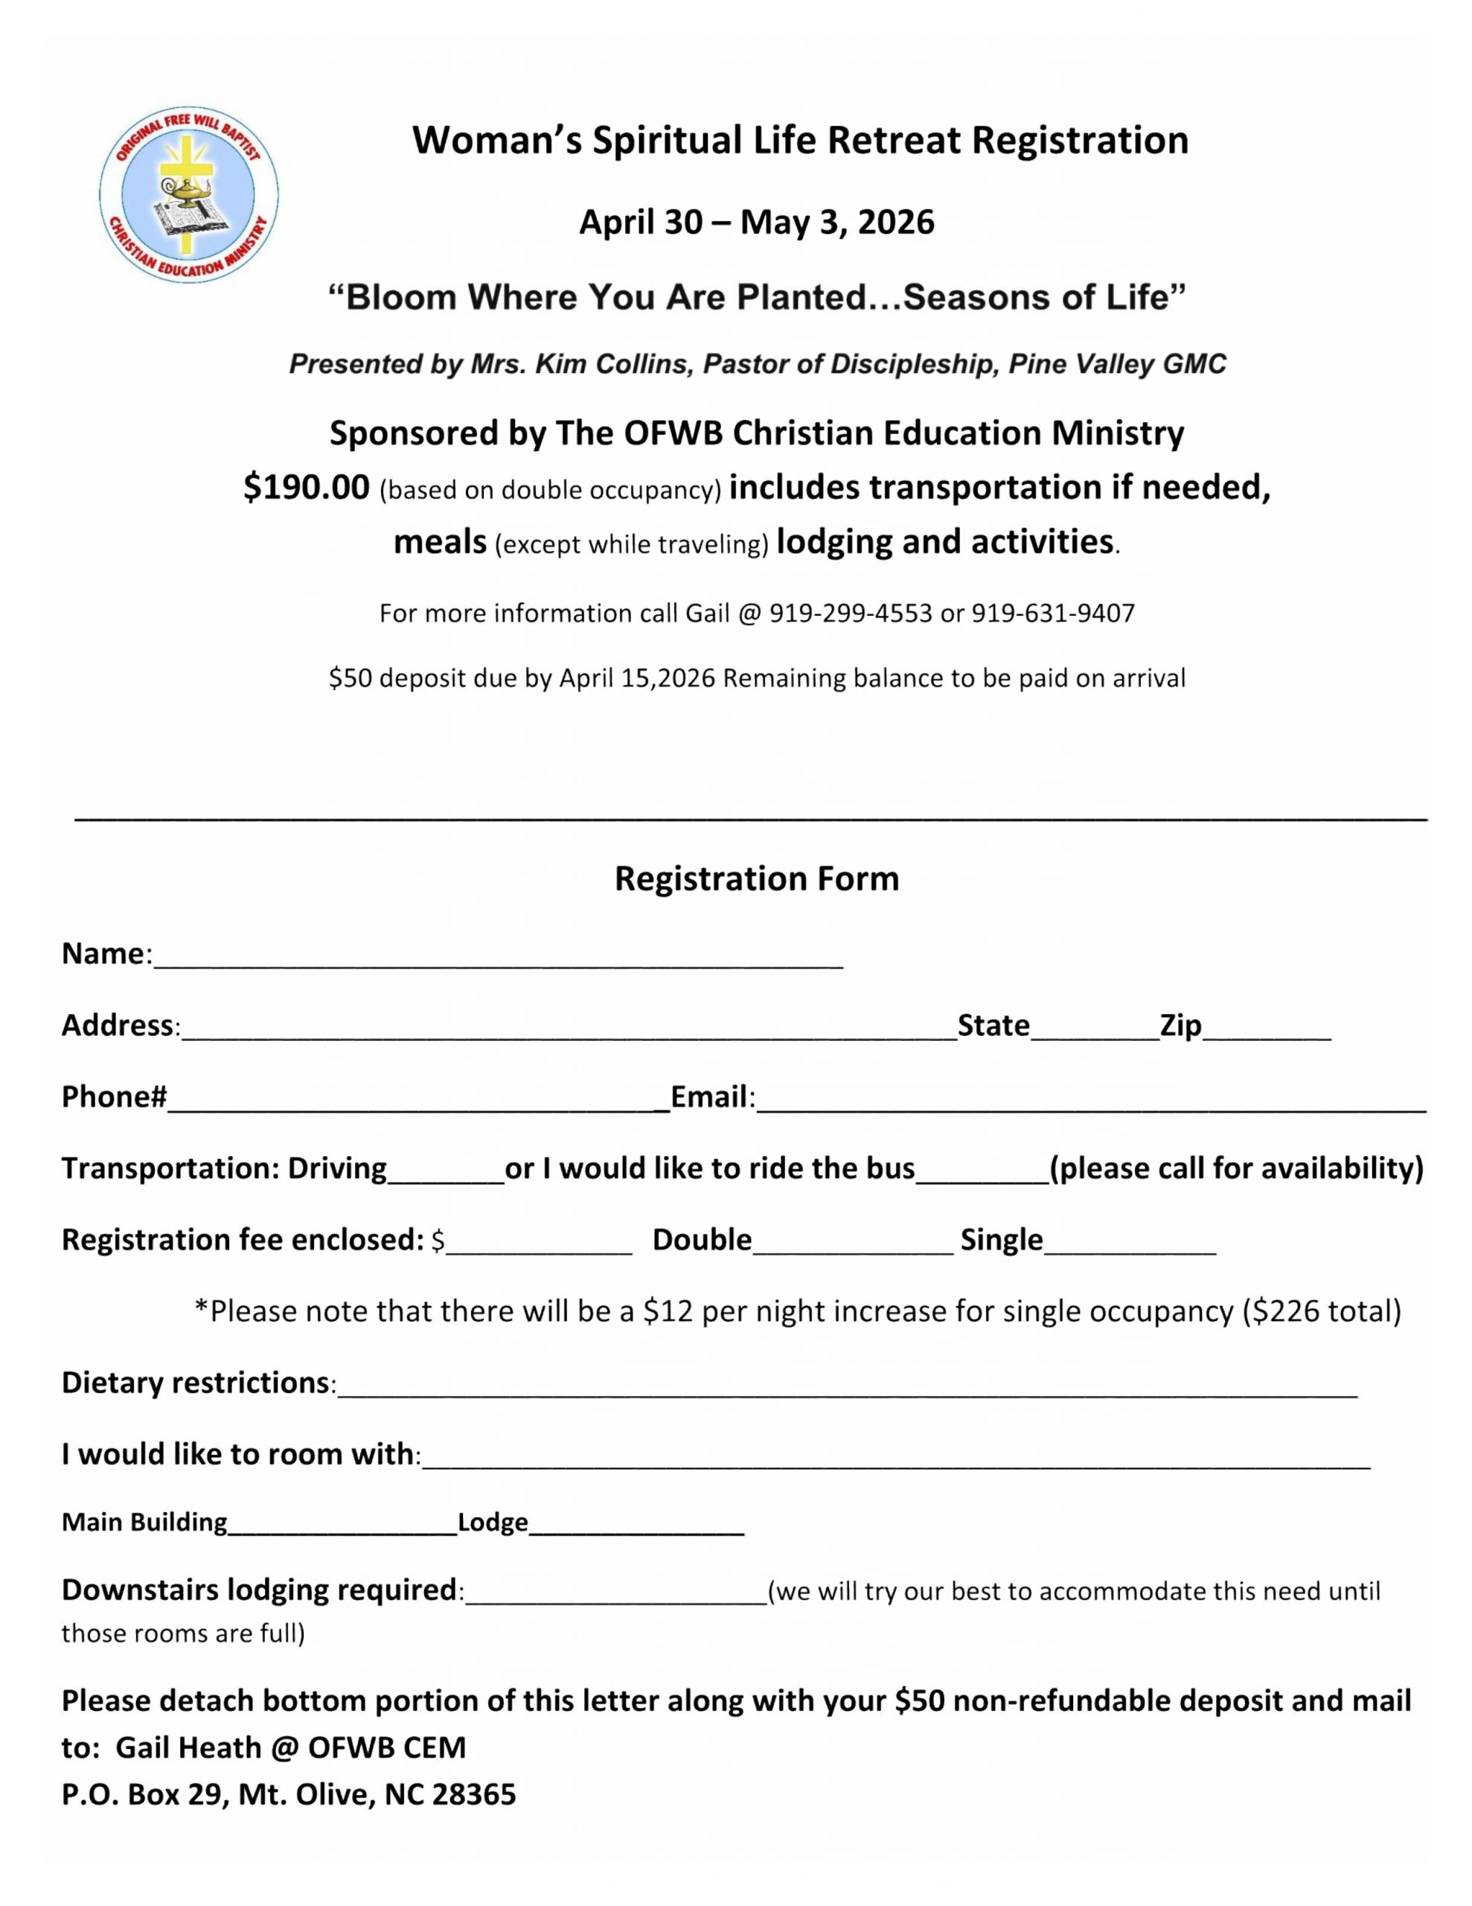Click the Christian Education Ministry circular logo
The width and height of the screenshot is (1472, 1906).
click(188, 194)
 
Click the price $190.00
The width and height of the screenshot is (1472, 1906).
click(307, 487)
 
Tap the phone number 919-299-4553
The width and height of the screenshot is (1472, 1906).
click(850, 613)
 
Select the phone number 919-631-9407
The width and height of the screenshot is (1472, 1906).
click(1053, 613)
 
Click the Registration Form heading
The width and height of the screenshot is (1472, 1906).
click(757, 879)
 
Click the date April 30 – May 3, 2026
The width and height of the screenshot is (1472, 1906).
click(757, 223)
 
